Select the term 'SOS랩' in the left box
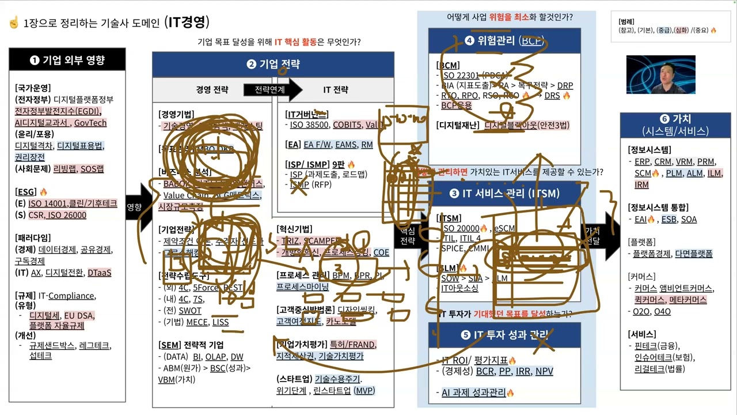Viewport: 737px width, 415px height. pos(92,169)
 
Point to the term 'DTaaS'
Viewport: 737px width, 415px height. pos(100,273)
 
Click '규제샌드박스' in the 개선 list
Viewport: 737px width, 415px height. pos(52,345)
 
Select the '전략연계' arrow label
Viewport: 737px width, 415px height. pos(269,89)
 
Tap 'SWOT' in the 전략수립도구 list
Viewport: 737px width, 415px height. pos(190,311)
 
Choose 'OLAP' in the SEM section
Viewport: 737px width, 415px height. pos(216,357)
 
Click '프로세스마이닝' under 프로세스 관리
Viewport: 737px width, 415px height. pos(303,286)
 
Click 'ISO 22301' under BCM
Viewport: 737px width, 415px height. pos(461,75)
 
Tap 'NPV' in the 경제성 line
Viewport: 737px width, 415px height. pos(544,371)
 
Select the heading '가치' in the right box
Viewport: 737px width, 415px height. pos(677,120)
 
